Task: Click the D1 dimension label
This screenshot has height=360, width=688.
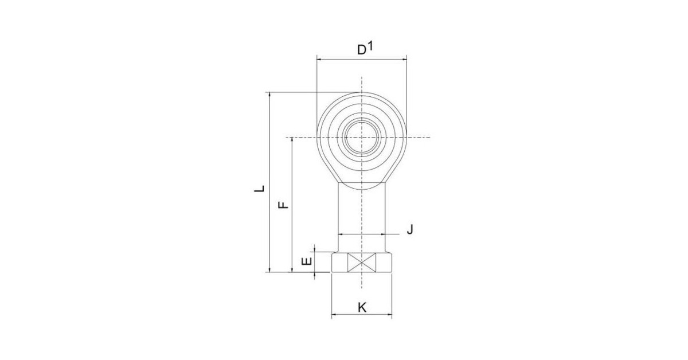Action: [365, 48]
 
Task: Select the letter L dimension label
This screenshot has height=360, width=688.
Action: [259, 188]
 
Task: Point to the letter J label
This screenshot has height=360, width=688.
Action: [410, 229]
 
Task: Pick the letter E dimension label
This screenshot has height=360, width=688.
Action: [307, 261]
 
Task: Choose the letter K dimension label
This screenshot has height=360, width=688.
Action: [362, 307]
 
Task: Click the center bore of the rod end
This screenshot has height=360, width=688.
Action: [362, 138]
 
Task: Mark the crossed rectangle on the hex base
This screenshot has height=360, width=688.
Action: [362, 263]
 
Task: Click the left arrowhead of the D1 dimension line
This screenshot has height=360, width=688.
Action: [319, 60]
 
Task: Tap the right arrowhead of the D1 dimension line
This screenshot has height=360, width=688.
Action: [404, 60]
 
